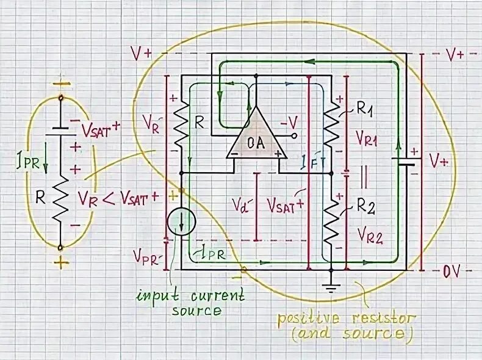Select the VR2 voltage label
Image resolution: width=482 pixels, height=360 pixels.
[369, 237]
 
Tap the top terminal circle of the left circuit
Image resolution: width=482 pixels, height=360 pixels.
[60, 98]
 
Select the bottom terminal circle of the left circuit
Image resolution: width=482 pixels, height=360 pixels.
[60, 248]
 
